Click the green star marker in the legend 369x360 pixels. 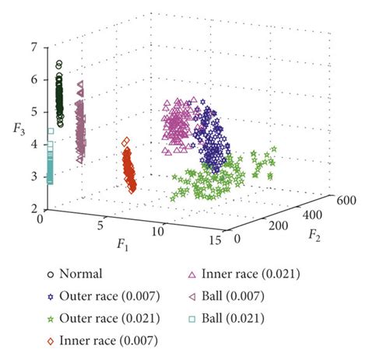(x=51, y=317)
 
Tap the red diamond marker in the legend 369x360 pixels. (x=51, y=340)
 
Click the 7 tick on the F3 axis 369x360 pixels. (x=33, y=47)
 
